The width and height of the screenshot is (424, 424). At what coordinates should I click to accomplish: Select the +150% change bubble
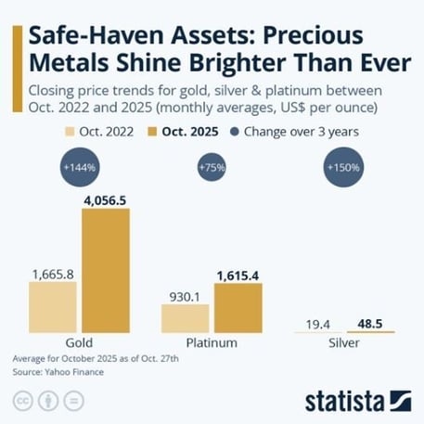pyautogui.click(x=344, y=168)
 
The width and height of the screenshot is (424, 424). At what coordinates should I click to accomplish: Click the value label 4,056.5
pyautogui.click(x=110, y=199)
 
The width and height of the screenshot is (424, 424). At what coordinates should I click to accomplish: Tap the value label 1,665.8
pyautogui.click(x=53, y=274)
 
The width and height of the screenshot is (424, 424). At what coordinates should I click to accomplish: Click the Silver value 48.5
pyautogui.click(x=371, y=323)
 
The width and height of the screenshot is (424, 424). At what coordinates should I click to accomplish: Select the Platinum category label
pyautogui.click(x=212, y=342)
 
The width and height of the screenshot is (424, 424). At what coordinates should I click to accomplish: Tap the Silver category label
pyautogui.click(x=344, y=342)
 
